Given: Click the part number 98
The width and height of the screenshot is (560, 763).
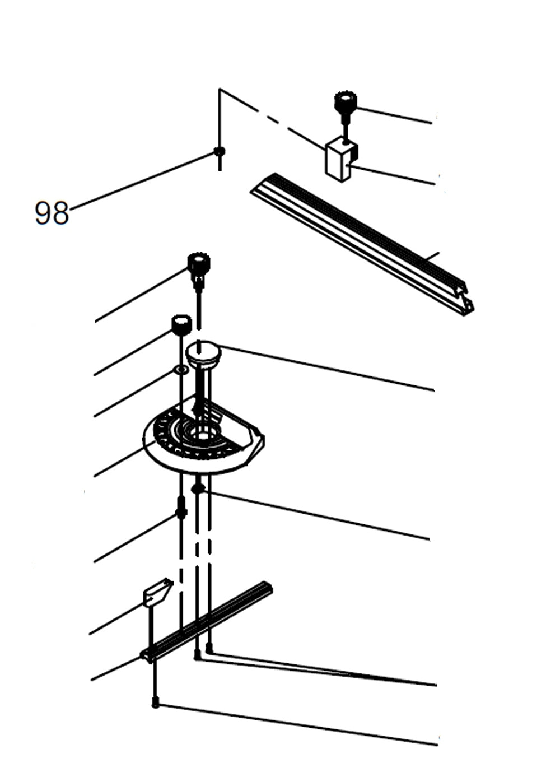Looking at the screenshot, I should tap(52, 213).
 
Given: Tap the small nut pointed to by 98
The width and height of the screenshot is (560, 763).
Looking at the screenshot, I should tap(220, 151).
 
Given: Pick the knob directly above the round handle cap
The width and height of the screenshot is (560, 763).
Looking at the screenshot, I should tap(198, 264).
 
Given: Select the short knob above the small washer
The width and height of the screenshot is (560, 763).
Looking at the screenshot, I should tap(181, 325).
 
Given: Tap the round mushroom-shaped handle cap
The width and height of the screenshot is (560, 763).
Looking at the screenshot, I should tap(204, 354).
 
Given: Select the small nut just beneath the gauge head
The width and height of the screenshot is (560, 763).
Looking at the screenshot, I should tap(197, 488).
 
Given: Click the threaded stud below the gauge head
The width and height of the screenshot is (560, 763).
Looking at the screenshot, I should tap(181, 507).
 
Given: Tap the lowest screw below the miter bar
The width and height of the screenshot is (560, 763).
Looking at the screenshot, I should tap(156, 704).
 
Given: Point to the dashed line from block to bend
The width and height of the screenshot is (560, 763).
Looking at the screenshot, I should tap(274, 119).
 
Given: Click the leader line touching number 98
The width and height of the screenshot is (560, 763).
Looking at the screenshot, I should tap(140, 180).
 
